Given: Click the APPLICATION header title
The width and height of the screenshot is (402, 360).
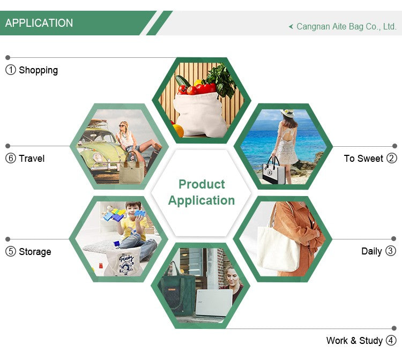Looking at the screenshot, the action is [x=39, y=23].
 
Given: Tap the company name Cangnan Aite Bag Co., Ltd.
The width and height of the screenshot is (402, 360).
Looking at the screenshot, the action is [x=346, y=27].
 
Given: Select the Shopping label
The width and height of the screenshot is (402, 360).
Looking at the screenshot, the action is [x=38, y=71].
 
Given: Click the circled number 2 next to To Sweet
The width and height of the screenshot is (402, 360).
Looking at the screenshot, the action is [x=391, y=158].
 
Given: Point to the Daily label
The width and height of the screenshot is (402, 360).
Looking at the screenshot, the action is [x=371, y=251].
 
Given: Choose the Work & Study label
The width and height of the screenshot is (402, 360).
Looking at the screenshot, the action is [x=354, y=341].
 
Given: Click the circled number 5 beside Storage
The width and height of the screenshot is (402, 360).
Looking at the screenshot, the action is [x=11, y=251].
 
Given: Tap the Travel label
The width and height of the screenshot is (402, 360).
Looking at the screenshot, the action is [x=32, y=159].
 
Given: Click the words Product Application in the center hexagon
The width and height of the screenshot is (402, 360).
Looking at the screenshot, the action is [x=202, y=192].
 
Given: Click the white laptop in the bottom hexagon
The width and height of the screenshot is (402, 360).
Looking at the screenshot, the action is [x=214, y=303].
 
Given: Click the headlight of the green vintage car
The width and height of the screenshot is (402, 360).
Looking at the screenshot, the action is [x=98, y=157].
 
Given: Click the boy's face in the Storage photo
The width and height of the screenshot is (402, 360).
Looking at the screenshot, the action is [x=133, y=209].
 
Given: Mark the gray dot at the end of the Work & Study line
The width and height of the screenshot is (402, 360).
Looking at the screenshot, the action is [x=394, y=328].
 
